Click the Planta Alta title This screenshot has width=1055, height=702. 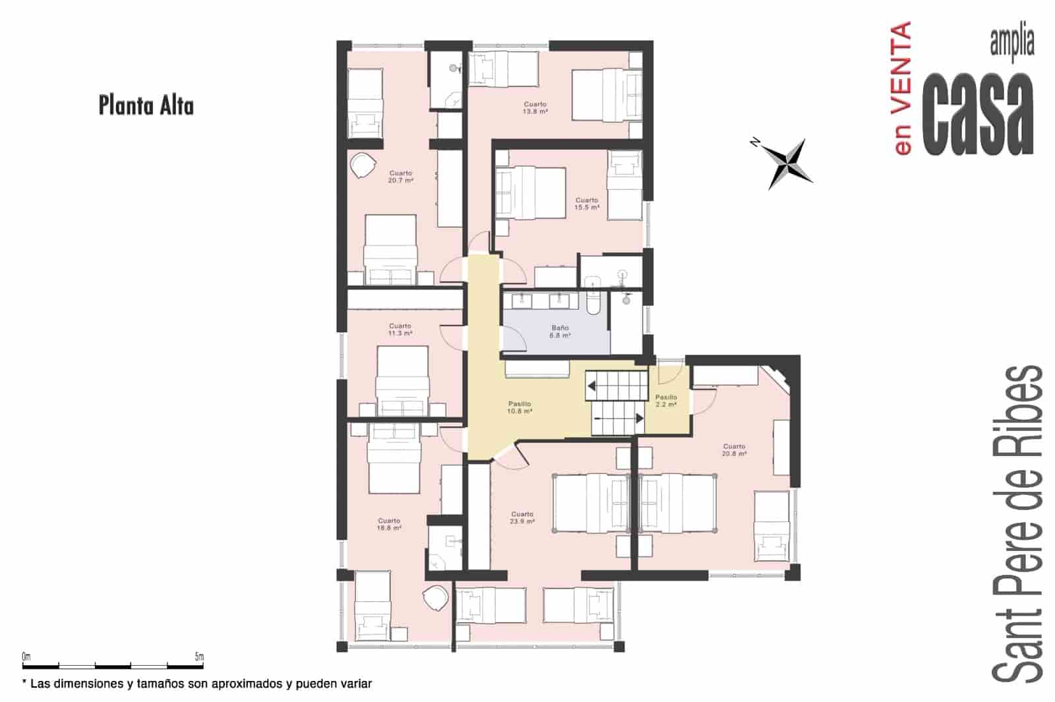point(146,105)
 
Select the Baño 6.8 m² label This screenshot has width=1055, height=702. point(560,332)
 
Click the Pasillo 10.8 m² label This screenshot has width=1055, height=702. point(520,407)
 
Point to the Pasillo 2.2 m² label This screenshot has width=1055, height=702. point(666,401)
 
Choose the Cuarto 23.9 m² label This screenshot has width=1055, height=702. point(522,517)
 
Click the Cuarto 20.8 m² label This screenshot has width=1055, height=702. point(734,450)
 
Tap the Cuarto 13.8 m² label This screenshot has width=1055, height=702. point(535,108)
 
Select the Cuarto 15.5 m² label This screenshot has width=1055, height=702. point(586,204)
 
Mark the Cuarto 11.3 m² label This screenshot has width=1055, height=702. point(400,330)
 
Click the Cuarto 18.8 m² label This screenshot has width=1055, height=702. point(389,524)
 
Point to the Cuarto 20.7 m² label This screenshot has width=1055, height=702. point(400,177)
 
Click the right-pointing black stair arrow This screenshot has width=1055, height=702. point(639,418)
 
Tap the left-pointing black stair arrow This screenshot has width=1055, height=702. point(591,386)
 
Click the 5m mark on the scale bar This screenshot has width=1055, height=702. point(199,657)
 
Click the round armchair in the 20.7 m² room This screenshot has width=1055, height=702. point(362,165)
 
